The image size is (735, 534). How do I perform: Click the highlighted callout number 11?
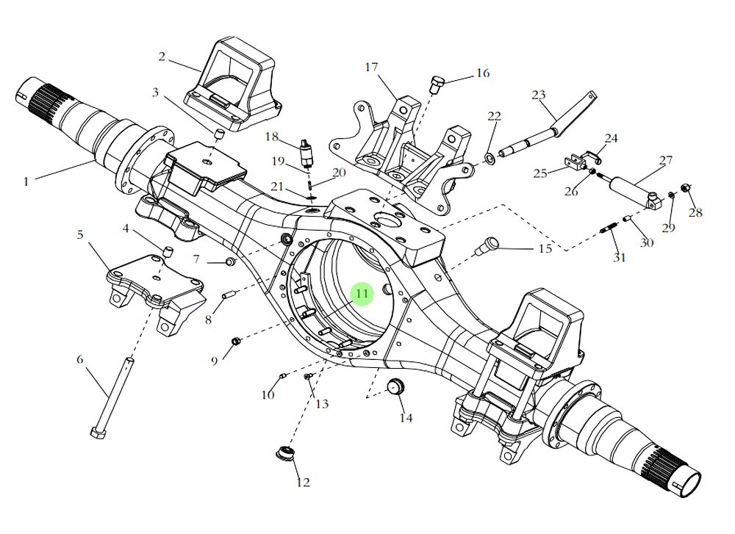(362, 294)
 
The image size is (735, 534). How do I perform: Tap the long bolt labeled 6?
(115, 397)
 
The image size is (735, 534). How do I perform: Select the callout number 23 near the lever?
(539, 95)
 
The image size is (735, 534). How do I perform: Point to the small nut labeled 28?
(685, 190)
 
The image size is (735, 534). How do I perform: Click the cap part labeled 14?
(397, 385)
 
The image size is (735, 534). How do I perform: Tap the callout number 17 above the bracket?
(371, 68)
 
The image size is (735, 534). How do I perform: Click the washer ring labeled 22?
(488, 158)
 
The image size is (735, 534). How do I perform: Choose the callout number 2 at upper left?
(162, 56)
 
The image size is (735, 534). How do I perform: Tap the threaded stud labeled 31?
(609, 234)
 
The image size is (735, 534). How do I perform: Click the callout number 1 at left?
(26, 180)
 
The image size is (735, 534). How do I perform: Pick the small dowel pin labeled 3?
(218, 133)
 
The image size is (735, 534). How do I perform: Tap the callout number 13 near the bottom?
(321, 404)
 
